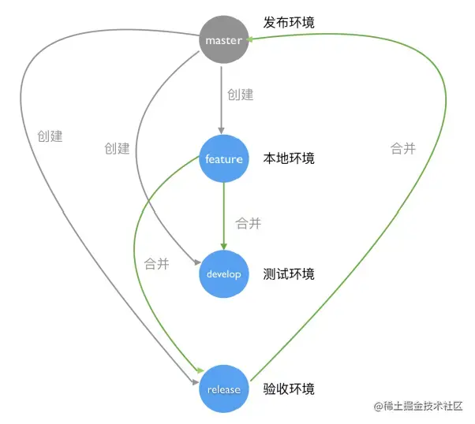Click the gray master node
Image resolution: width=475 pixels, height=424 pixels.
[x=223, y=40]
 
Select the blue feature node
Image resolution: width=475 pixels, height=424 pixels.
[x=223, y=159]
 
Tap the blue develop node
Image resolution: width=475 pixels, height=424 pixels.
[x=223, y=274]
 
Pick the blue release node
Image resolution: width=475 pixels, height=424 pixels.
[x=223, y=389]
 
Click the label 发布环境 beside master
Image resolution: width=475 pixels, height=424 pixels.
[x=289, y=23]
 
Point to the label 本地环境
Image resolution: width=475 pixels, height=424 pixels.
[x=289, y=158]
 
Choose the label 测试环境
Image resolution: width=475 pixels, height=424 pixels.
[x=289, y=274]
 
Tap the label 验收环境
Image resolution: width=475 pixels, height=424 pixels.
[x=289, y=389]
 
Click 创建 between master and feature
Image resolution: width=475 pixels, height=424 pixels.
[x=241, y=95]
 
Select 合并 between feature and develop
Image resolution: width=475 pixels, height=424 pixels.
[x=249, y=224]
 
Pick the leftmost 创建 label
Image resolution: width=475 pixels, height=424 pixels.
[x=50, y=136]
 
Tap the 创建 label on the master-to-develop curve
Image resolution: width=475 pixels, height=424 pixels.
[x=117, y=148]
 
